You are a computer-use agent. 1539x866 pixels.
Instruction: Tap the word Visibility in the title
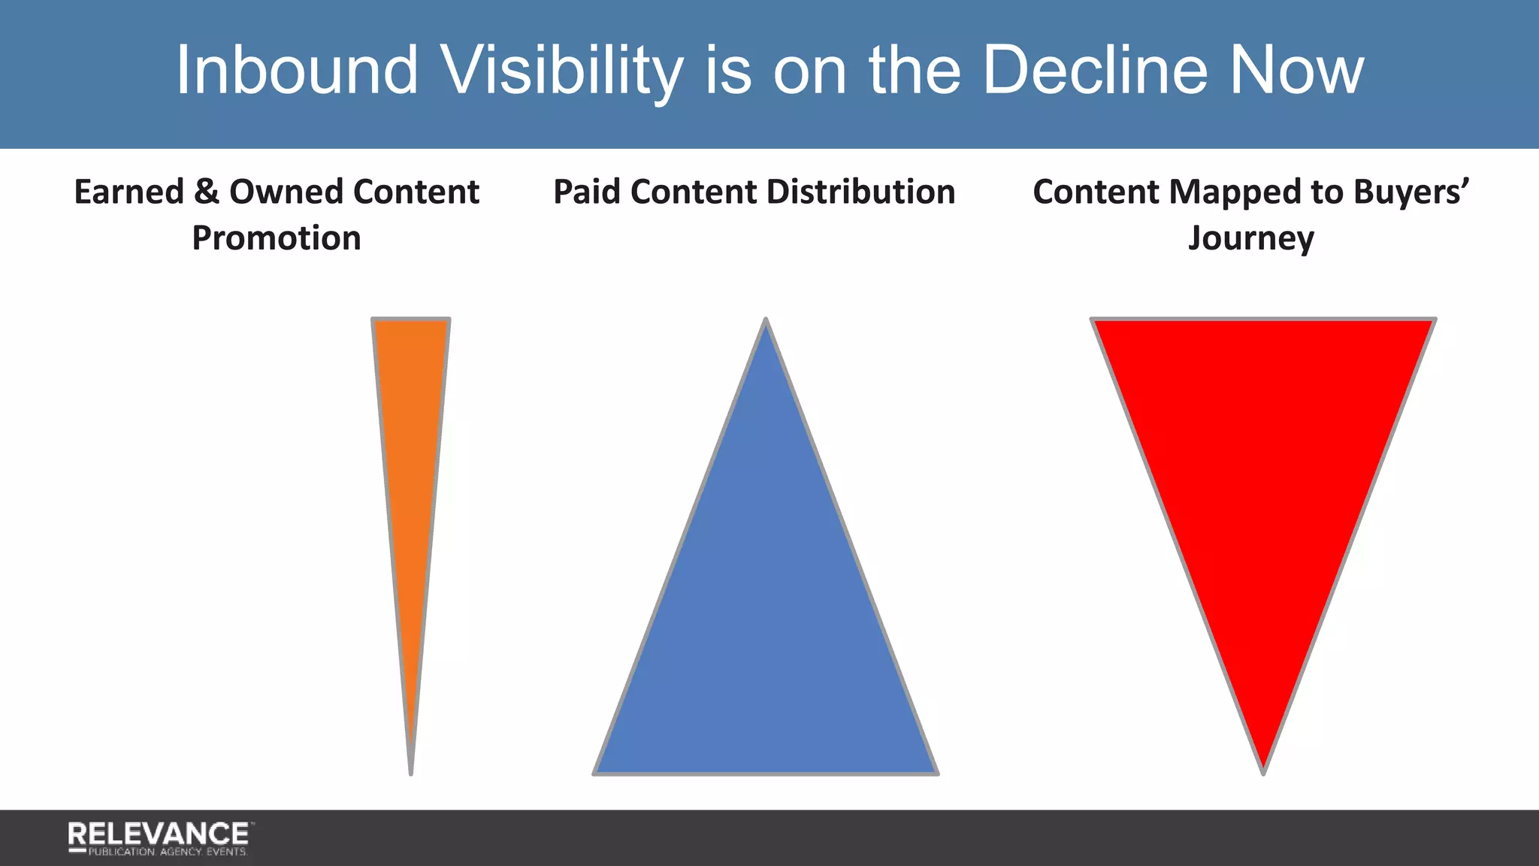[x=561, y=70]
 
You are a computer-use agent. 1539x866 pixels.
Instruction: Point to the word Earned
[x=129, y=192]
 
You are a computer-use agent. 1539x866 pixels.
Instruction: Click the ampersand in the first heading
[x=206, y=192]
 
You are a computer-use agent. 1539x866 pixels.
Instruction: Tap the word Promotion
[x=277, y=238]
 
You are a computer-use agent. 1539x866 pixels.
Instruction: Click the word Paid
[x=587, y=192]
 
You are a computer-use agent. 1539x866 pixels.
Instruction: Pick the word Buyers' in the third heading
[x=1411, y=192]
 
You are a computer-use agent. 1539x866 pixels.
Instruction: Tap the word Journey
[x=1250, y=239]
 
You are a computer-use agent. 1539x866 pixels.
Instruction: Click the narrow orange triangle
[x=410, y=451]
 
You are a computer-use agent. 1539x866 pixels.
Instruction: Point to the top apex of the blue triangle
[x=766, y=322]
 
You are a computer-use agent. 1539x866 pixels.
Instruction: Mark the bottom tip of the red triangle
[x=1263, y=771]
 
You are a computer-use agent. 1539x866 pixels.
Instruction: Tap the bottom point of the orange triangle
[x=411, y=771]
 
